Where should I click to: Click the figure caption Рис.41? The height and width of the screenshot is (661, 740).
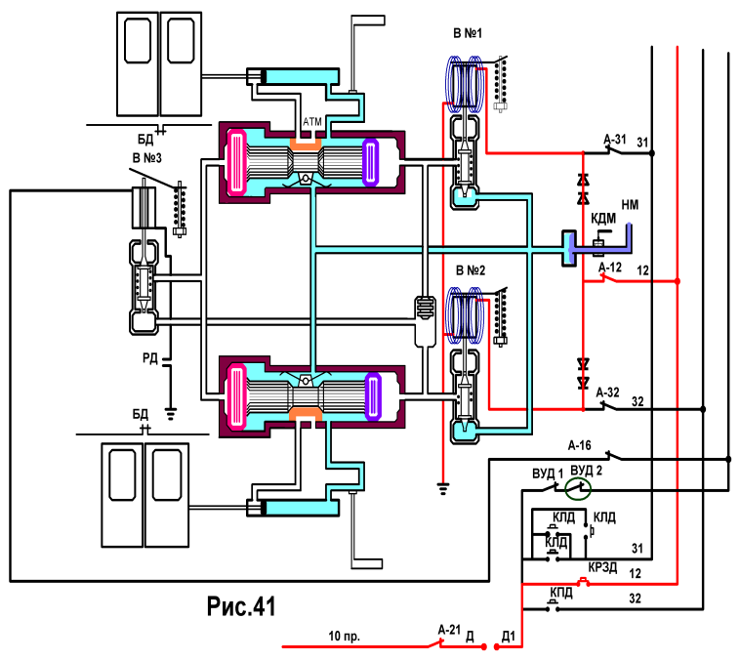241,605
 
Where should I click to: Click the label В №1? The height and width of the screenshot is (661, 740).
468,33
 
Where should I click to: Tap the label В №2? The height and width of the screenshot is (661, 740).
470,270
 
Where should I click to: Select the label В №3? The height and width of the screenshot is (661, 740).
146,158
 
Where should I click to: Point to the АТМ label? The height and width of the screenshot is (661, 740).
312,122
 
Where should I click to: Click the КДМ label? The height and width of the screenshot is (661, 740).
603,219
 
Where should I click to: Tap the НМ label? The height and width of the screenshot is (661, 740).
630,205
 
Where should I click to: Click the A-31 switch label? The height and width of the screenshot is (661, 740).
614,140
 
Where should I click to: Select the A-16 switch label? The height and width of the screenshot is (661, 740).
580,445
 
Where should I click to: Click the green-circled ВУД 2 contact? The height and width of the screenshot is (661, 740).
578,488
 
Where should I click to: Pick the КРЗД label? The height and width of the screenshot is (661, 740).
602,567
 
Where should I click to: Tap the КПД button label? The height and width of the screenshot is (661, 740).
561,593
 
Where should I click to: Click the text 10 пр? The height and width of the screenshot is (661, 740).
344,636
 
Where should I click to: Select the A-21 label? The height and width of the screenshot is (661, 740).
449,630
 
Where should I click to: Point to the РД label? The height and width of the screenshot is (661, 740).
150,358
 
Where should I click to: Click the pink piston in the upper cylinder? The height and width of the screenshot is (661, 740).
236,162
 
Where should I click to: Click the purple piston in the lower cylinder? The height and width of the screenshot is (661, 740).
373,396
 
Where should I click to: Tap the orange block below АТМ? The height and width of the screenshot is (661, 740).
306,144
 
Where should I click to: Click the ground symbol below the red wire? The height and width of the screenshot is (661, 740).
442,488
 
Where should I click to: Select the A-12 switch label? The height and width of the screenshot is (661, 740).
610,268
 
